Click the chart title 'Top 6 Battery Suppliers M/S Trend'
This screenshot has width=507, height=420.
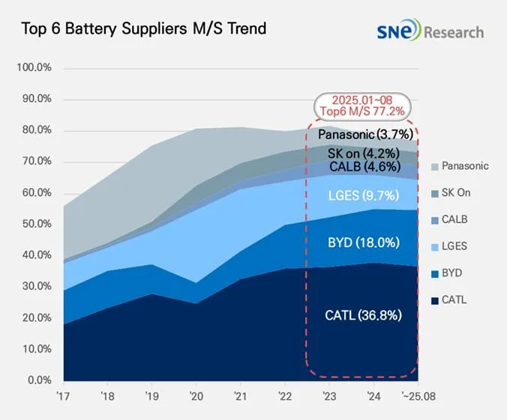pyautogui.click(x=143, y=29)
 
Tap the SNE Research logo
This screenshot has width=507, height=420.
pyautogui.click(x=430, y=31)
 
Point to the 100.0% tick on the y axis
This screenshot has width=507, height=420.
pyautogui.click(x=33, y=68)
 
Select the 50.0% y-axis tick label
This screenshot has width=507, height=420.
pyautogui.click(x=34, y=224)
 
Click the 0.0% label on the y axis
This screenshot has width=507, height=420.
pyautogui.click(x=37, y=380)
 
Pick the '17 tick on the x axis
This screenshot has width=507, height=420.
pyautogui.click(x=64, y=396)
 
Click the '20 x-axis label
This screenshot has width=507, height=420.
pyautogui.click(x=195, y=396)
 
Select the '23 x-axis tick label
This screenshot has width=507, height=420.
pyautogui.click(x=328, y=396)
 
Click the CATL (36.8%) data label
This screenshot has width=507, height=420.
pyautogui.click(x=362, y=315)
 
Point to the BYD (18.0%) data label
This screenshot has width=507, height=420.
pyautogui.click(x=363, y=243)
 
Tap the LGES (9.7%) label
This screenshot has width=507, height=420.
pyautogui.click(x=363, y=195)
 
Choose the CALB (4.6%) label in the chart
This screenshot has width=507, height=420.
pyautogui.click(x=363, y=167)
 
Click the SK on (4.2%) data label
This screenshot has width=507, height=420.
pyautogui.click(x=363, y=153)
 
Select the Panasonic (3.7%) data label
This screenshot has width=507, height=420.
pyautogui.click(x=363, y=135)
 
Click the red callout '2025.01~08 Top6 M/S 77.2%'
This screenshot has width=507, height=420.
pyautogui.click(x=363, y=106)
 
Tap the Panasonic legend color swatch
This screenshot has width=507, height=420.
pyautogui.click(x=436, y=166)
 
